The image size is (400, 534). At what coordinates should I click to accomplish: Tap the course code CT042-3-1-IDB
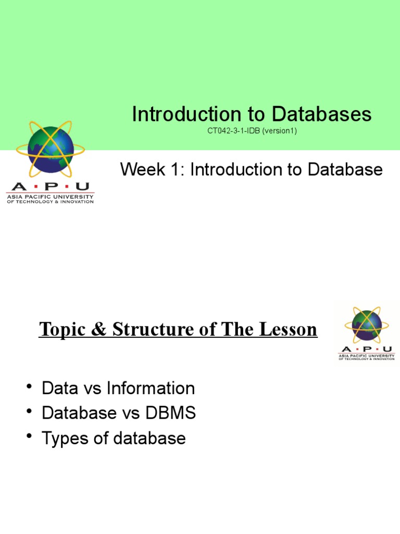tap(234, 131)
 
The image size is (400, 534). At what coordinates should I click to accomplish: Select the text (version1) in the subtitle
tap(280, 131)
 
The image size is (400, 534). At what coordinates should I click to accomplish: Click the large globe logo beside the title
tap(51, 149)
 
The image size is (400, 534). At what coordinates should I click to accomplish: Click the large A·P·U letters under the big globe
tap(49, 187)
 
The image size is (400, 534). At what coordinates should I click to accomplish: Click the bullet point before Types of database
tap(30, 436)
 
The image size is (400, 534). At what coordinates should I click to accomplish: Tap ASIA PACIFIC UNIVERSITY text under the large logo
tap(50, 197)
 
